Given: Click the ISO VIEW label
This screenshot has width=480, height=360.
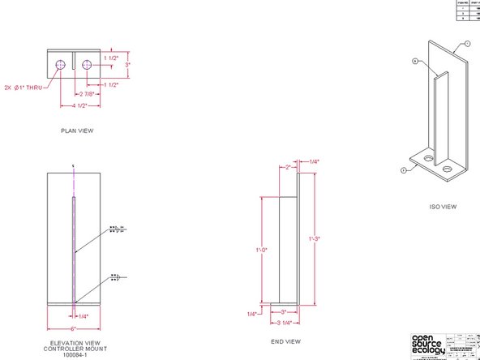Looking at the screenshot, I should (444, 207).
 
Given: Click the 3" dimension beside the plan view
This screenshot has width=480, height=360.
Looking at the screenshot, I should (126, 62).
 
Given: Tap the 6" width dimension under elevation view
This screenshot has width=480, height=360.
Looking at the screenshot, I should (74, 328).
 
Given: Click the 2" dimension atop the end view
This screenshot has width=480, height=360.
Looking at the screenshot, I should (287, 167).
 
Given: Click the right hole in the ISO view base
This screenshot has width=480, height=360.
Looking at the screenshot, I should (448, 170).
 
